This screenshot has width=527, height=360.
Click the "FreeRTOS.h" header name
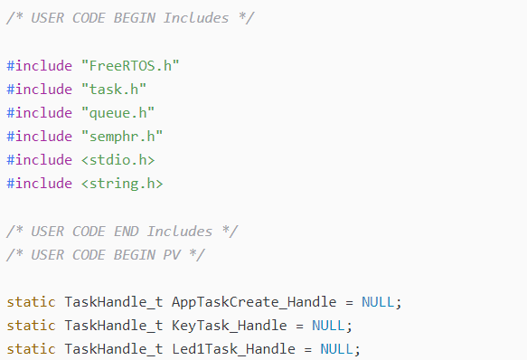point(130,66)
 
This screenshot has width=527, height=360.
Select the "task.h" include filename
point(114,90)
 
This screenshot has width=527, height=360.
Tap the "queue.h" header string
point(118,113)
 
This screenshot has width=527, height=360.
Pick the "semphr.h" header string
point(122,137)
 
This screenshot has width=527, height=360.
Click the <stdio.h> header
point(118,160)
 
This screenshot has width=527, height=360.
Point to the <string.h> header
point(122,184)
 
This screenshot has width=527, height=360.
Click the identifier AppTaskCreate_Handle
point(254,302)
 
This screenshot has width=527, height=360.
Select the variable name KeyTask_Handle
point(230,326)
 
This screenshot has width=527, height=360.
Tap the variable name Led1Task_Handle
point(233,349)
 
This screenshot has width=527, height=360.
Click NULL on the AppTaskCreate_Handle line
point(378,302)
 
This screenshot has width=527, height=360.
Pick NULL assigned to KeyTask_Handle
point(328,326)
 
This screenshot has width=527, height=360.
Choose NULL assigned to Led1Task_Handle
point(337,349)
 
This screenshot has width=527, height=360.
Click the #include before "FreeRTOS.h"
point(40,66)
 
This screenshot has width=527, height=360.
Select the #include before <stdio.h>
point(40,160)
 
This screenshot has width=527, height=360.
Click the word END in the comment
point(127,232)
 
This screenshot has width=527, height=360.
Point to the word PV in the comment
point(172,255)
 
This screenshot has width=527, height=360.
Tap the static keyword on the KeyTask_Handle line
point(32,326)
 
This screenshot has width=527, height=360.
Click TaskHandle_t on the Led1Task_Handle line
point(114,349)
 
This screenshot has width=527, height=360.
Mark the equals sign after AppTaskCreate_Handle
point(349,302)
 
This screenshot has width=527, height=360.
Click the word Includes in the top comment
point(196,18)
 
